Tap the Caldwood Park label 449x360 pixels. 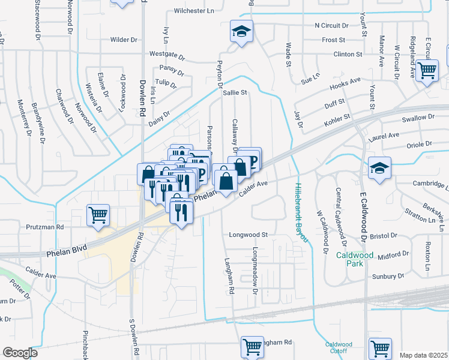pyautogui.click(x=355, y=259)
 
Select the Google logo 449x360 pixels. pyautogui.click(x=20, y=353)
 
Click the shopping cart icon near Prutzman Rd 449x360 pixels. pyautogui.click(x=98, y=214)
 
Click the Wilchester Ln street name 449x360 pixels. pyautogui.click(x=194, y=11)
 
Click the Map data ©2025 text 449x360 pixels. pyautogui.click(x=423, y=355)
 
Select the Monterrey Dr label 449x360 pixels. pyautogui.click(x=25, y=118)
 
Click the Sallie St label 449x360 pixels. pyautogui.click(x=235, y=93)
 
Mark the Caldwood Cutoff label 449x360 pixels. pyautogui.click(x=339, y=348)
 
